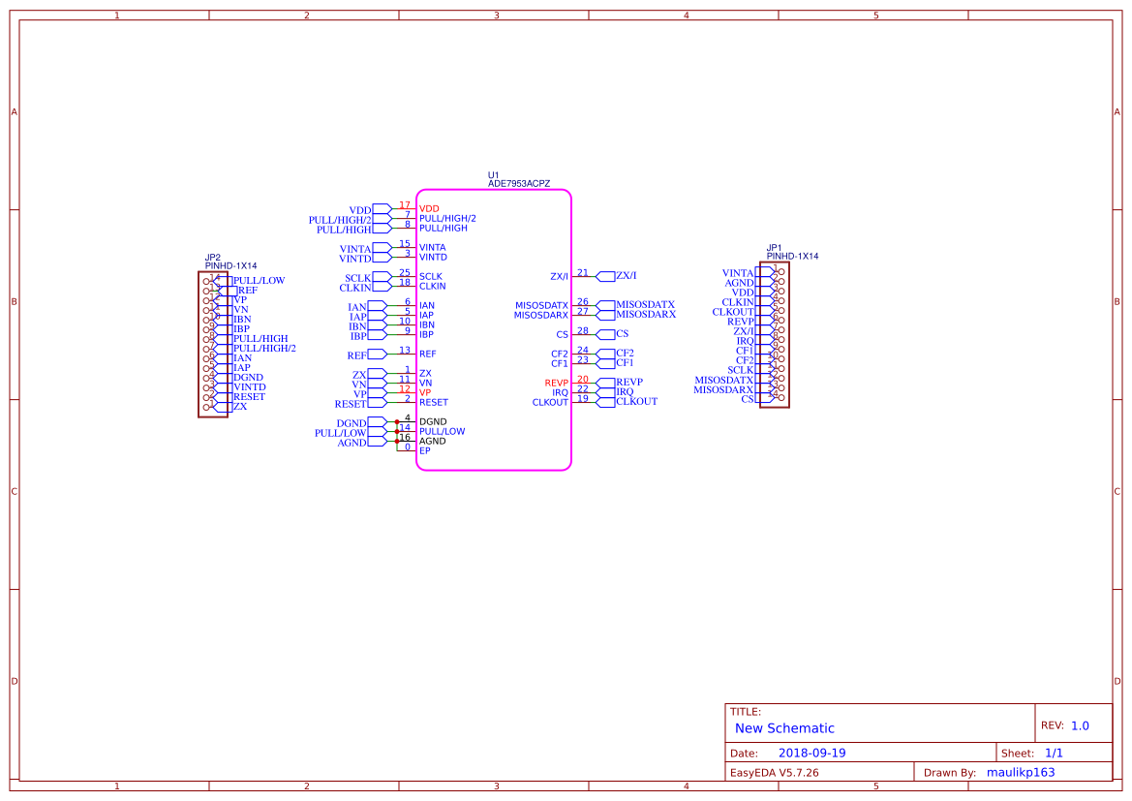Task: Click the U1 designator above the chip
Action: click(493, 175)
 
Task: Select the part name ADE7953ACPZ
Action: click(518, 184)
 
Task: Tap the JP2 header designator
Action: click(213, 258)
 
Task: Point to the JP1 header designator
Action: click(774, 248)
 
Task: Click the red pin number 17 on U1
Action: click(405, 205)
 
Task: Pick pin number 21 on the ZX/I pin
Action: click(582, 273)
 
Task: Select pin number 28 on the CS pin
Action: click(582, 331)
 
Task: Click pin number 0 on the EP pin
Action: click(408, 447)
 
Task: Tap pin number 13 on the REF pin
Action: click(405, 351)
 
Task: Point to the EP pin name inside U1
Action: click(424, 451)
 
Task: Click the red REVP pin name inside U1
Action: click(556, 384)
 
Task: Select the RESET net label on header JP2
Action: click(249, 397)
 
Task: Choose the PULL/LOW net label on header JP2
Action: click(259, 281)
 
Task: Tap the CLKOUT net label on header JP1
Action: click(732, 312)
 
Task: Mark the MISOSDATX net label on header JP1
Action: click(723, 380)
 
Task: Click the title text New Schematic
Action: click(784, 728)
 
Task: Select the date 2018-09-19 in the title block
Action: click(811, 754)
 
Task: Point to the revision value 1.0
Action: click(1080, 725)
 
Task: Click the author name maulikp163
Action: click(1020, 773)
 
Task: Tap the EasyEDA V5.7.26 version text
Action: click(774, 773)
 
